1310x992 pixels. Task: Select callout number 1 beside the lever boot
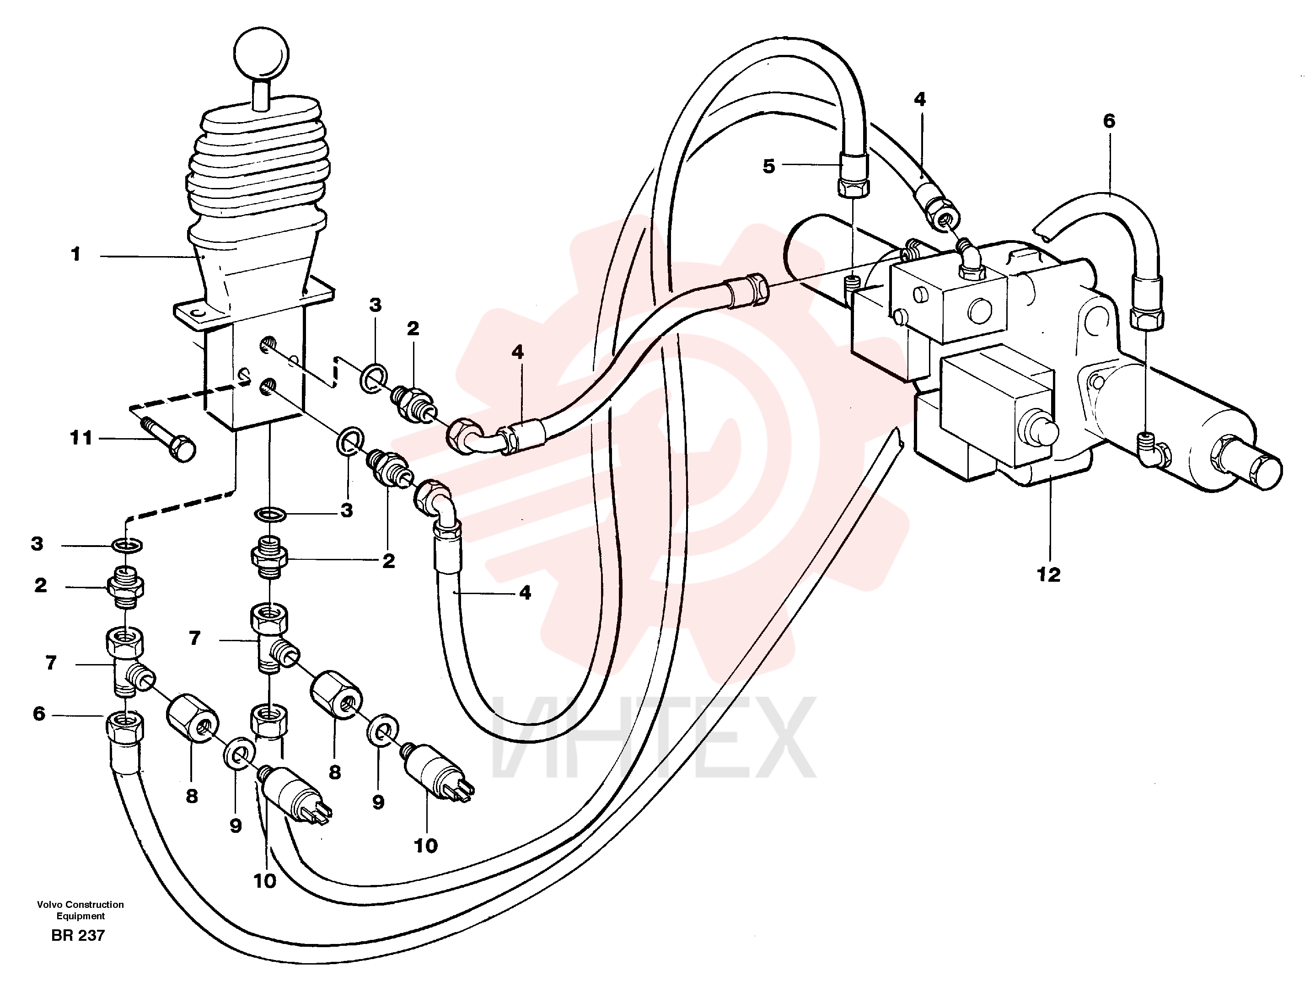click(x=75, y=255)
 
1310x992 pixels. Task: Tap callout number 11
click(x=81, y=438)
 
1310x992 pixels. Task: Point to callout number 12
click(x=1048, y=574)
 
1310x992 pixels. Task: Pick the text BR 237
click(x=78, y=936)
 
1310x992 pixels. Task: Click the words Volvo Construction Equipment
click(x=81, y=910)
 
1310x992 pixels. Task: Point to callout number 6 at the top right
click(x=1109, y=121)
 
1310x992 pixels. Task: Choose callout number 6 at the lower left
click(x=39, y=713)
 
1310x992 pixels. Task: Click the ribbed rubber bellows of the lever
click(x=256, y=172)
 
